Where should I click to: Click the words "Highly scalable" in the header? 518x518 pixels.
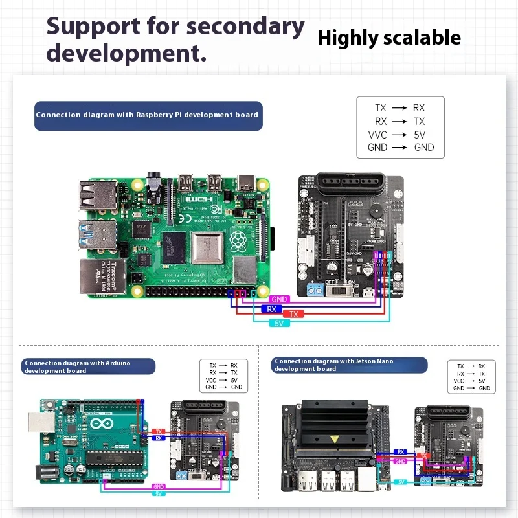pos(388,38)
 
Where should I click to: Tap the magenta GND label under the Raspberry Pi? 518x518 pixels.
pos(279,300)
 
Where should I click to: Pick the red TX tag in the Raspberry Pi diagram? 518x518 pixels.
pos(293,314)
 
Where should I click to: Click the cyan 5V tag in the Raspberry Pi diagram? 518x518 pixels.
pos(279,322)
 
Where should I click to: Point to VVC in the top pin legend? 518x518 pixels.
pos(377,135)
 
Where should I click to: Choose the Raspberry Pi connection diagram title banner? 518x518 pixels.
pos(148,115)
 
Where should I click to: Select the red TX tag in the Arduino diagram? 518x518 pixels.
pos(158,431)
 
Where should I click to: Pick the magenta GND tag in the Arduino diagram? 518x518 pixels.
pos(158,486)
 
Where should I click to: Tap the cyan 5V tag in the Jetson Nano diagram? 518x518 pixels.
pos(401,482)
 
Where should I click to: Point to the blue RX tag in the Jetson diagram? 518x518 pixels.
pos(401,452)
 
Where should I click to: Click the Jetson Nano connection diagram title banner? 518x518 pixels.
pos(350,365)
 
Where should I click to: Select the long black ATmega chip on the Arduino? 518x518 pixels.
pos(117,461)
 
